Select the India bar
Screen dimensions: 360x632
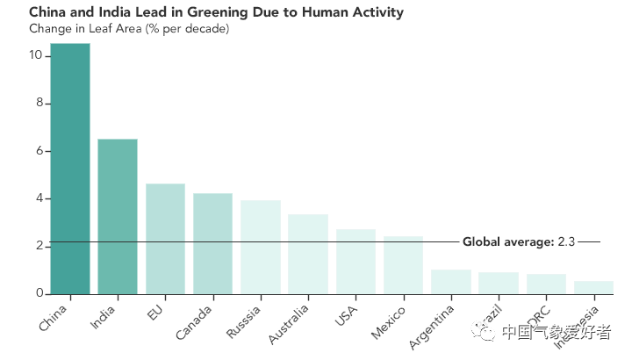[118, 216]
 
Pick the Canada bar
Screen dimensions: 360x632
[212, 243]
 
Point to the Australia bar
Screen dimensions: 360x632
[308, 254]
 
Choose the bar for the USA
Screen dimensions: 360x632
[355, 262]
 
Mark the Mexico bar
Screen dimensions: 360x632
[403, 265]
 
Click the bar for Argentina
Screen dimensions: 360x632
[451, 281]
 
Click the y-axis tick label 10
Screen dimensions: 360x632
[36, 55]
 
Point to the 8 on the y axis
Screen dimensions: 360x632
[39, 103]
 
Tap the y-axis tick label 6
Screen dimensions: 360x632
[39, 150]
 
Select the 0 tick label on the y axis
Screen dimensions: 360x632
[39, 293]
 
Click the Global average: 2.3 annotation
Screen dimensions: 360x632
[518, 241]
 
